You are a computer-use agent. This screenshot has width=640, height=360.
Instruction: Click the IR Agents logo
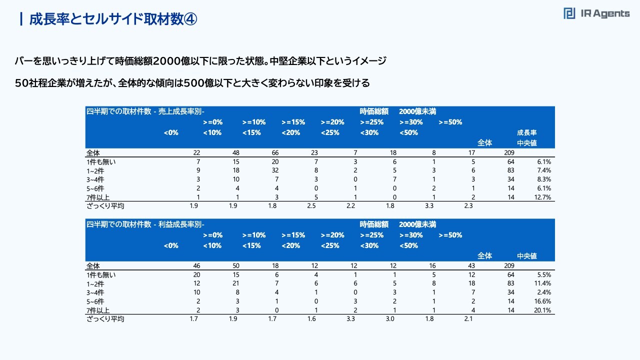[596, 14]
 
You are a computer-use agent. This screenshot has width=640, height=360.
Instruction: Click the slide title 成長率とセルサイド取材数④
[113, 19]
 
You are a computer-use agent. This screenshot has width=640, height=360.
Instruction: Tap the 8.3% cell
[543, 179]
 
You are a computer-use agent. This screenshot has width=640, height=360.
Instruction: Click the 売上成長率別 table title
[145, 111]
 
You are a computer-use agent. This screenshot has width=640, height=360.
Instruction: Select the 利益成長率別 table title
[145, 224]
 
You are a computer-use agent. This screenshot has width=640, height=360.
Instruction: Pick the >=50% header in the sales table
[450, 122]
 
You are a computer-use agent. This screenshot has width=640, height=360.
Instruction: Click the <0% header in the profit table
[171, 245]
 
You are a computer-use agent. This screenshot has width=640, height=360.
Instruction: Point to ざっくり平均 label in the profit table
[105, 319]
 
